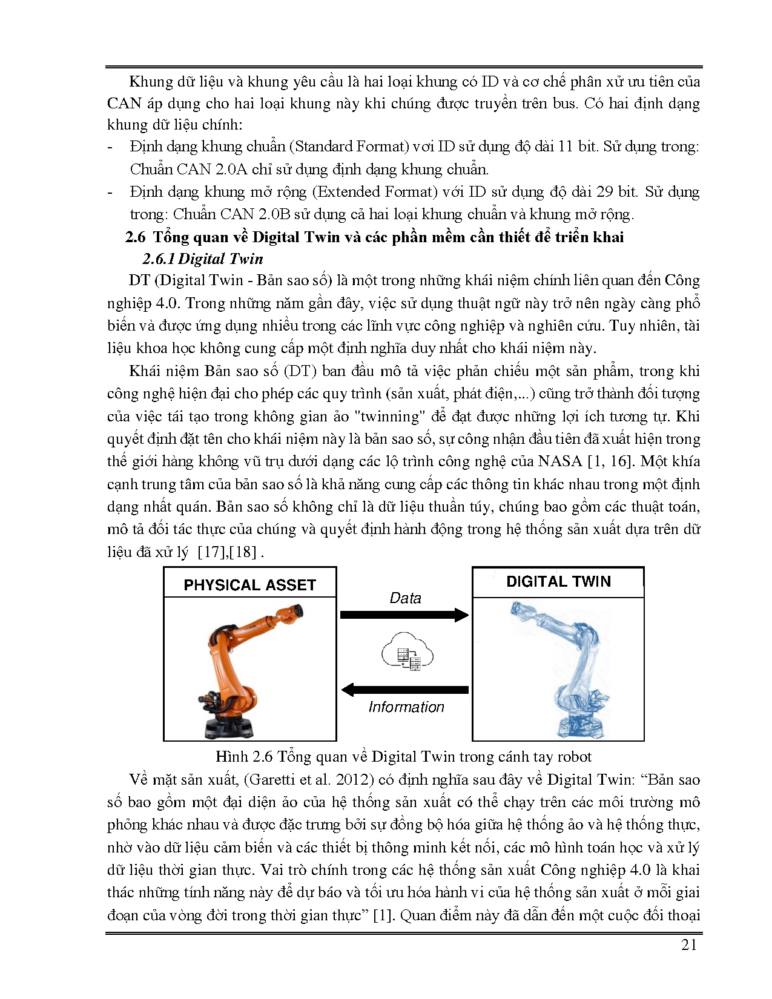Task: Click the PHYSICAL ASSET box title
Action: (x=249, y=585)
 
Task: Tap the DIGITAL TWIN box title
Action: (x=558, y=582)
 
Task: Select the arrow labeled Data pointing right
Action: (x=404, y=615)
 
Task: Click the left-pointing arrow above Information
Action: (x=404, y=690)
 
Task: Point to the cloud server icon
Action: (x=407, y=651)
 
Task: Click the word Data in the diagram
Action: (x=405, y=598)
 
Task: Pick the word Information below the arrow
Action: (x=406, y=707)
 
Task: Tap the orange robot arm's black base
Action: (x=228, y=723)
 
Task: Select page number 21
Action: (x=689, y=946)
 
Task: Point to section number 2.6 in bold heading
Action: (x=135, y=237)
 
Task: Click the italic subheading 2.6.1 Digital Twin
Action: (x=202, y=259)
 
